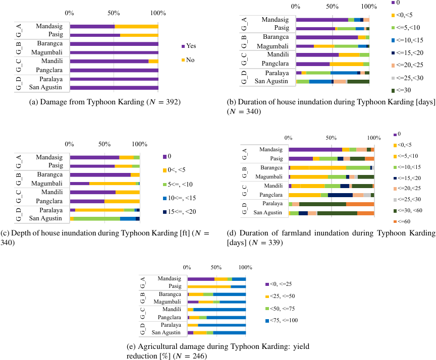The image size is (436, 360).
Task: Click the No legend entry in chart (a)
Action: coord(190,60)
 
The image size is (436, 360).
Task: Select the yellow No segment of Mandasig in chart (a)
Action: coord(136,26)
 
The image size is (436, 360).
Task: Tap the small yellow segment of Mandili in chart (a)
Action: coord(153,61)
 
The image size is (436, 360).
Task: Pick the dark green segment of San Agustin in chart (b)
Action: coord(358,81)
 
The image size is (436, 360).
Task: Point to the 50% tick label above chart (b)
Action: coord(332,7)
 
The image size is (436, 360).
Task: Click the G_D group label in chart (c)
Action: coord(18,214)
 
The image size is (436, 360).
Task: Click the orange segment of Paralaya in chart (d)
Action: coord(360,204)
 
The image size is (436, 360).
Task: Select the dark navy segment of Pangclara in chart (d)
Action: coord(340,195)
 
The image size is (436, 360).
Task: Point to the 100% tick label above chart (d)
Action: coord(373,137)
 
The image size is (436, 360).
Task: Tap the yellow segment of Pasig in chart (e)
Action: coord(209,286)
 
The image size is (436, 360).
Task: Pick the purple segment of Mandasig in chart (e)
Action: coord(201,279)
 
